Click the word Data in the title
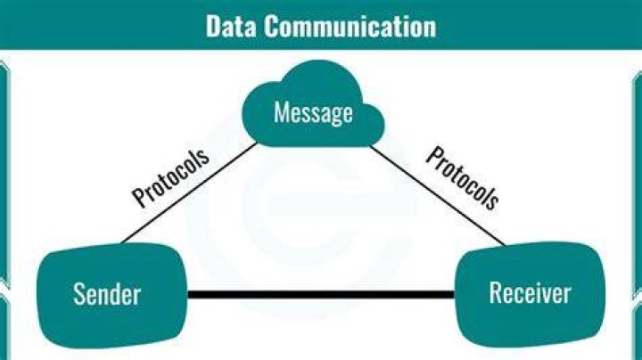[x=231, y=26]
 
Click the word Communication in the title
[x=350, y=26]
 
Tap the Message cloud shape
[x=314, y=105]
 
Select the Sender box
[x=111, y=295]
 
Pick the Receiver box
[x=531, y=295]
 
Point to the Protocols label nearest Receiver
[x=463, y=178]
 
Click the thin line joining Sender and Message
[x=189, y=193]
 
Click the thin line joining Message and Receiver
[x=438, y=195]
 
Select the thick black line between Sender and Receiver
[x=321, y=295]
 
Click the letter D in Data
[x=213, y=26]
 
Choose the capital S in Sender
[x=79, y=294]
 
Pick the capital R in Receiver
[x=497, y=292]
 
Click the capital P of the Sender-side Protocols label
[x=140, y=198]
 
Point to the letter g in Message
[x=337, y=116]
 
